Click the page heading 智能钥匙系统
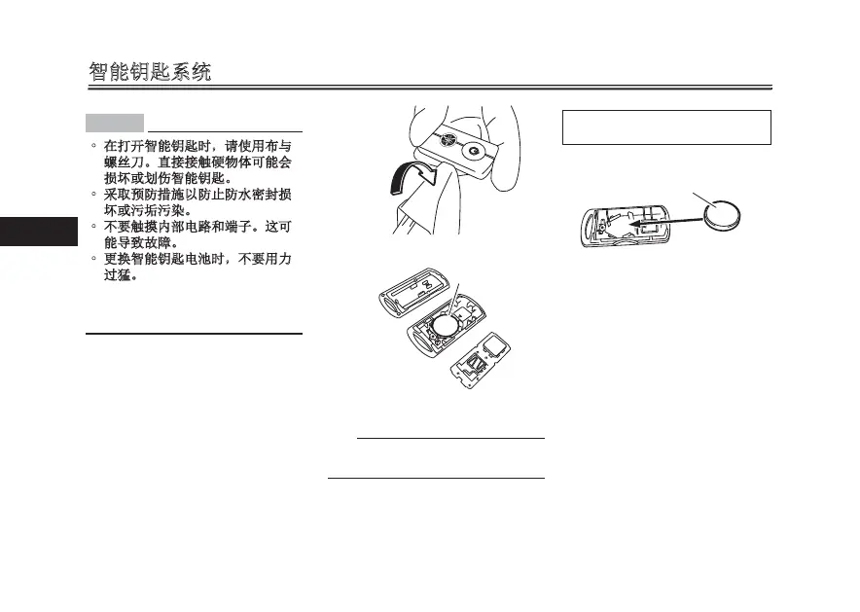tap(150, 72)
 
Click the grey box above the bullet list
tap(114, 123)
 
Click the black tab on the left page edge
tap(38, 232)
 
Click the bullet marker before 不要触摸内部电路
tap(93, 227)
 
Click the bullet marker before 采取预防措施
tap(93, 194)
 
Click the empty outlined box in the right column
tap(666, 127)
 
